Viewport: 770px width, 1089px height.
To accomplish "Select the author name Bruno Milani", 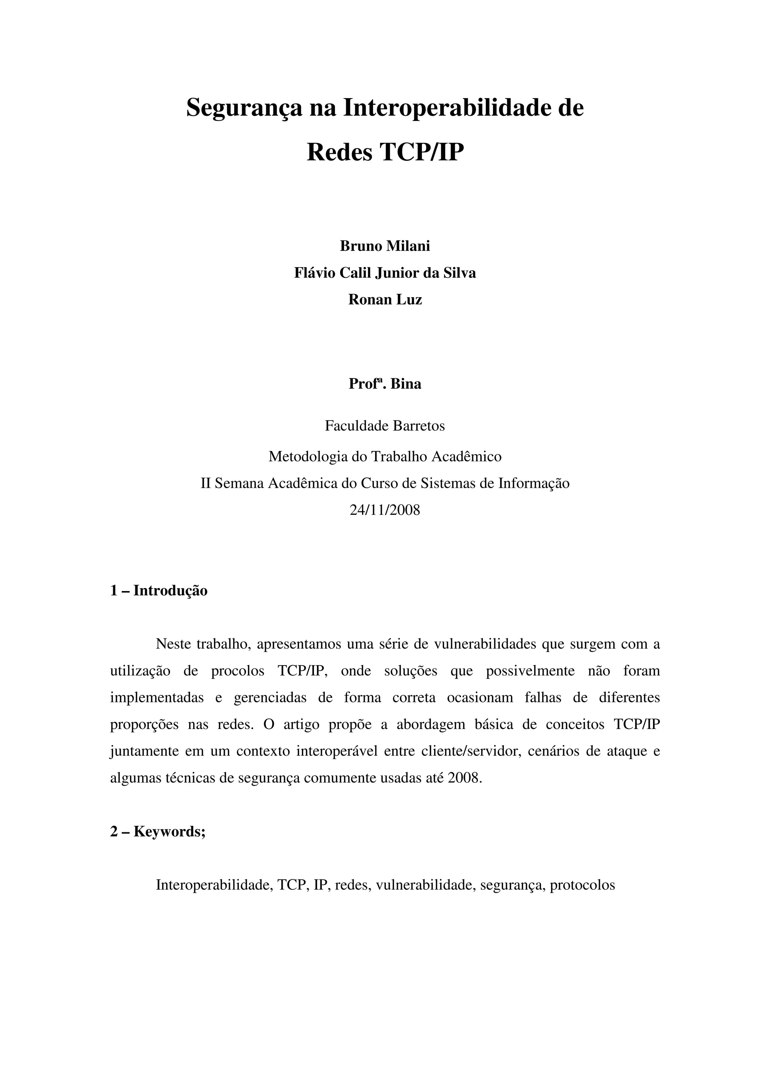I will (x=385, y=246).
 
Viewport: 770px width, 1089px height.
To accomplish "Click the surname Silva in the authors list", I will (x=459, y=273).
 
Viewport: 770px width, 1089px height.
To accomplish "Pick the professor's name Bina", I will (x=406, y=383).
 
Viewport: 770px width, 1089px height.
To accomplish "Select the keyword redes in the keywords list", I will (x=352, y=885).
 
